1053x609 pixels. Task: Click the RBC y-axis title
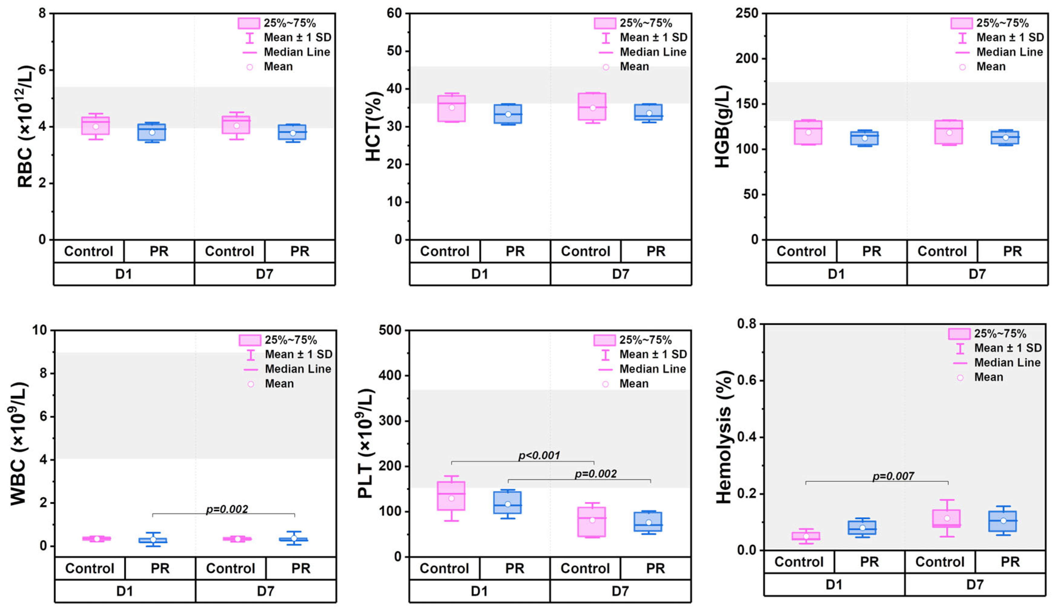click(x=25, y=126)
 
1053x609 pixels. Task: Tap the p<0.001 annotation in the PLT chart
click(x=539, y=455)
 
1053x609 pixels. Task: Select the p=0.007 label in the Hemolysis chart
click(x=893, y=476)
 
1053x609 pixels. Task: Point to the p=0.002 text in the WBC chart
click(x=227, y=509)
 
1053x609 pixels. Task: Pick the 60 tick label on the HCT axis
click(x=394, y=13)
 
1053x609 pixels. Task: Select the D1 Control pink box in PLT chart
click(x=451, y=495)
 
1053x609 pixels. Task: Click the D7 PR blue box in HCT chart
click(x=648, y=112)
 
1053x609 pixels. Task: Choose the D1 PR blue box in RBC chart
click(x=152, y=132)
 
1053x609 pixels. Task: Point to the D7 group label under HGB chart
click(x=977, y=274)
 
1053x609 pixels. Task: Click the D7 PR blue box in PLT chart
click(x=648, y=522)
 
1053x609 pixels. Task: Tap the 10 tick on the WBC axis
click(x=40, y=330)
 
